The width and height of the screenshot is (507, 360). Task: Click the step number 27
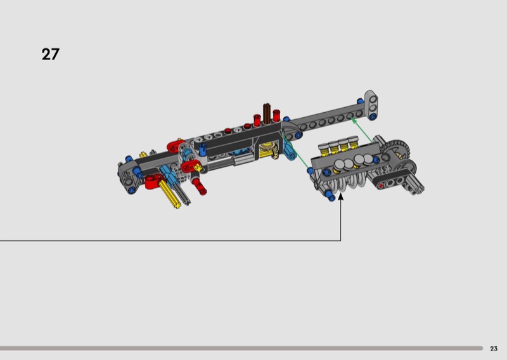(51, 55)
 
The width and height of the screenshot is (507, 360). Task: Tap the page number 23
(494, 349)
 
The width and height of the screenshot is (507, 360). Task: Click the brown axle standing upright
(267, 113)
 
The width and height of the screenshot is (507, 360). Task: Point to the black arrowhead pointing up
(340, 196)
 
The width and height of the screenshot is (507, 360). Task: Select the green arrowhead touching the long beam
(354, 120)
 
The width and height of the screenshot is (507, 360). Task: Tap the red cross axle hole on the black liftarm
(381, 185)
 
